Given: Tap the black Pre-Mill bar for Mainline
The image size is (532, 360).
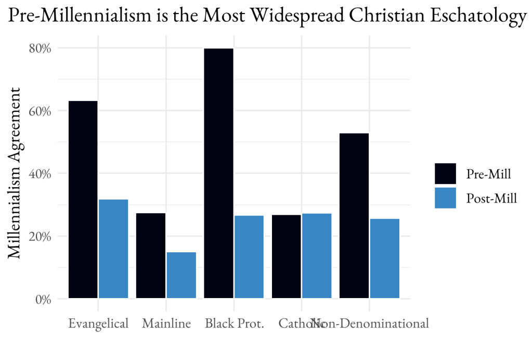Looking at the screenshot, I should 151,255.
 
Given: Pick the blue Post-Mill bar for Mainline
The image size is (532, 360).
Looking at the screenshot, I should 181,275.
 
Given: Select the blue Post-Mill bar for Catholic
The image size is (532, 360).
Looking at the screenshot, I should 316,256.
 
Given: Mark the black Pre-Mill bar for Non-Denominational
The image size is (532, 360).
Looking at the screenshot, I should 354,216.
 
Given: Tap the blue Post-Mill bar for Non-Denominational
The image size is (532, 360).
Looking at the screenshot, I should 384,259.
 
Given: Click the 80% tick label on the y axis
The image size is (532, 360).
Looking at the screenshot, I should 40,48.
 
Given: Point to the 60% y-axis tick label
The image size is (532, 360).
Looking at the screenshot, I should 40,111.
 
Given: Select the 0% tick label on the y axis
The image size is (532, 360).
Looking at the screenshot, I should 43,299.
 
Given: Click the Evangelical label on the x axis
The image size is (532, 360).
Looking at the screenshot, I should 98,324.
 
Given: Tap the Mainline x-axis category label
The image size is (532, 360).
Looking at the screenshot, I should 166,324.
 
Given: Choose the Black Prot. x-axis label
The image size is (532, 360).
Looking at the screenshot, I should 235,324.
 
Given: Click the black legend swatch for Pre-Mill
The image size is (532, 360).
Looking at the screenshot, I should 445,174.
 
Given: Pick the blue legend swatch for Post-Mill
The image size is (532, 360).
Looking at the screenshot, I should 445,198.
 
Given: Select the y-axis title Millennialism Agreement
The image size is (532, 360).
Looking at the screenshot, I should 16,173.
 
